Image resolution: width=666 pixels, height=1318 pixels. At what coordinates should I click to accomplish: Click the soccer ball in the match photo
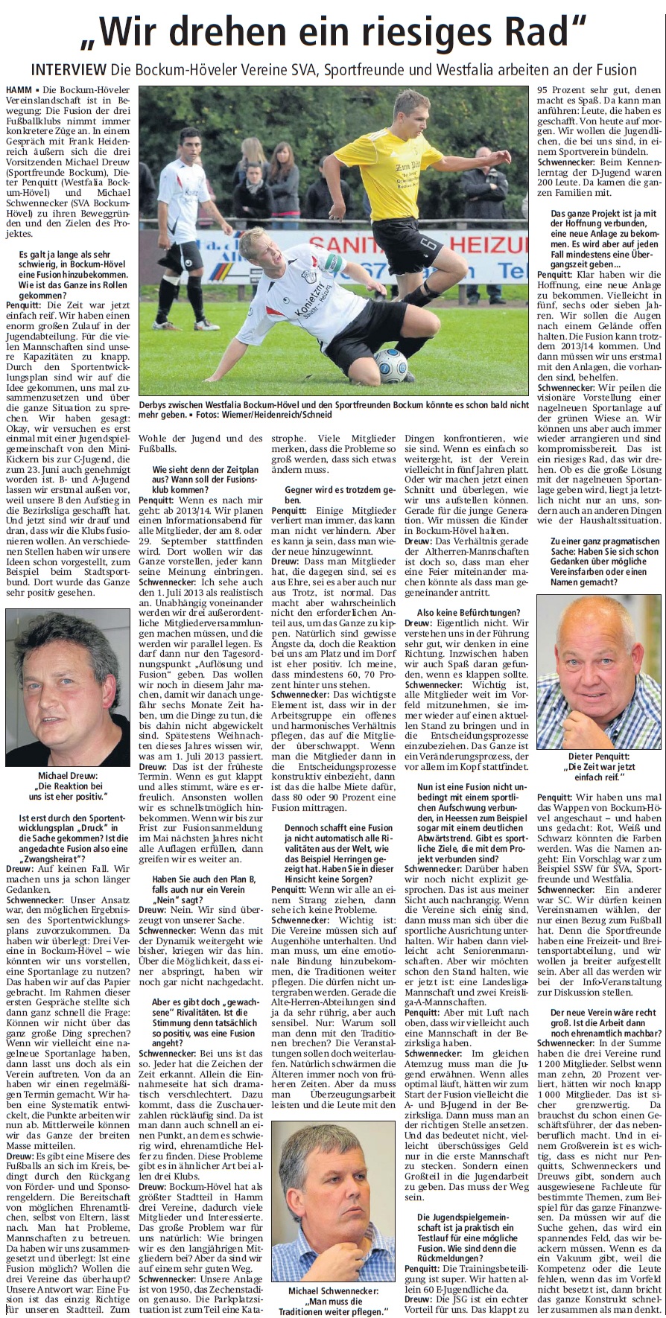391,365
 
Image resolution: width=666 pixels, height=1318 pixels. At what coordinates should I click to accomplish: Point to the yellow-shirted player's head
410,110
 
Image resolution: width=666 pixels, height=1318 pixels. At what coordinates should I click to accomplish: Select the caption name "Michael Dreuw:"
68,775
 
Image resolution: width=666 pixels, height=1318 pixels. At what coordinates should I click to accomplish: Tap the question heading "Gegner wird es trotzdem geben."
333,495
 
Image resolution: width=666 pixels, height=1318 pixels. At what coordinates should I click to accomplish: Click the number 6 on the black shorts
430,245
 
